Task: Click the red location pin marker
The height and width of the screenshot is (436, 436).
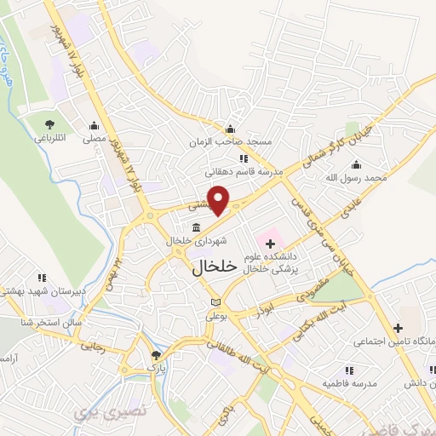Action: [x=219, y=200]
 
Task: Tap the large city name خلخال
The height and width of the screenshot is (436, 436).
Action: [x=208, y=266]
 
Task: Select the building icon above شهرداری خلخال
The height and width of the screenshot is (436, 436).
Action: [x=198, y=227]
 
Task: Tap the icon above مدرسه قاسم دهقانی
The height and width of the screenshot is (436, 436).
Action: [x=244, y=158]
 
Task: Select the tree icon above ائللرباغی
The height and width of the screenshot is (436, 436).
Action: [x=46, y=124]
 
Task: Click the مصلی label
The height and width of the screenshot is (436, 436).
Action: [x=93, y=136]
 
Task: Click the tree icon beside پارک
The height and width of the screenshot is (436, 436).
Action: [x=155, y=355]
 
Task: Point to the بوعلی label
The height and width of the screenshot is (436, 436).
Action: [x=216, y=315]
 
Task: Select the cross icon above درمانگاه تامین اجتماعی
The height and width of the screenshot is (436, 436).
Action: [x=397, y=328]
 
